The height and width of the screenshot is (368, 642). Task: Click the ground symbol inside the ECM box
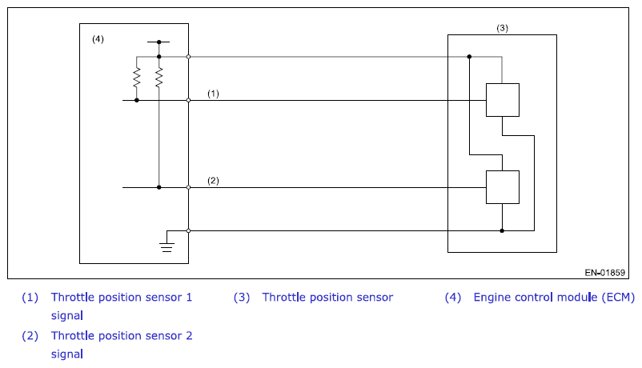point(167,247)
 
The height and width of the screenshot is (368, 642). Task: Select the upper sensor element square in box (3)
point(503,100)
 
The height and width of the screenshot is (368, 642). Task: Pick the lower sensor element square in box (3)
point(503,187)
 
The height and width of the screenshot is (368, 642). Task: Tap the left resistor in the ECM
point(137,78)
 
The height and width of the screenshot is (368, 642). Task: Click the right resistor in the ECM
point(158,78)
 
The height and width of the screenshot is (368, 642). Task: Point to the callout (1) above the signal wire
point(213,94)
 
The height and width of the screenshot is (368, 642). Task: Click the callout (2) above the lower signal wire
point(213,181)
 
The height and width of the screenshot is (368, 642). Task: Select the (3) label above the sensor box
point(503,28)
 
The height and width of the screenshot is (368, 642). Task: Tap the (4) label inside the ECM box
point(98,39)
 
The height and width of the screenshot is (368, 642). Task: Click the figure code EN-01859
point(604,272)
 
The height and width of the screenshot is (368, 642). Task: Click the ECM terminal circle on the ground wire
point(188,231)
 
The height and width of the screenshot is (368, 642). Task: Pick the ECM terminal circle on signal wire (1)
point(188,100)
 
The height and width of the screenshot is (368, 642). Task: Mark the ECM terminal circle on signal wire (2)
point(188,187)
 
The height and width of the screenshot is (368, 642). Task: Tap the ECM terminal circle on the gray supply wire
point(188,57)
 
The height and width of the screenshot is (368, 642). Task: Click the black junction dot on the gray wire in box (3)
point(469,57)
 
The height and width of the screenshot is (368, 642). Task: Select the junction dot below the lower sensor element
point(502,231)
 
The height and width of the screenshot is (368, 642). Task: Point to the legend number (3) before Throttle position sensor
point(242,297)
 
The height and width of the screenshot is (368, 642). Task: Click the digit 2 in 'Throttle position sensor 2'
point(189,336)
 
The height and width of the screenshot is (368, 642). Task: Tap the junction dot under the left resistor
point(137,100)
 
